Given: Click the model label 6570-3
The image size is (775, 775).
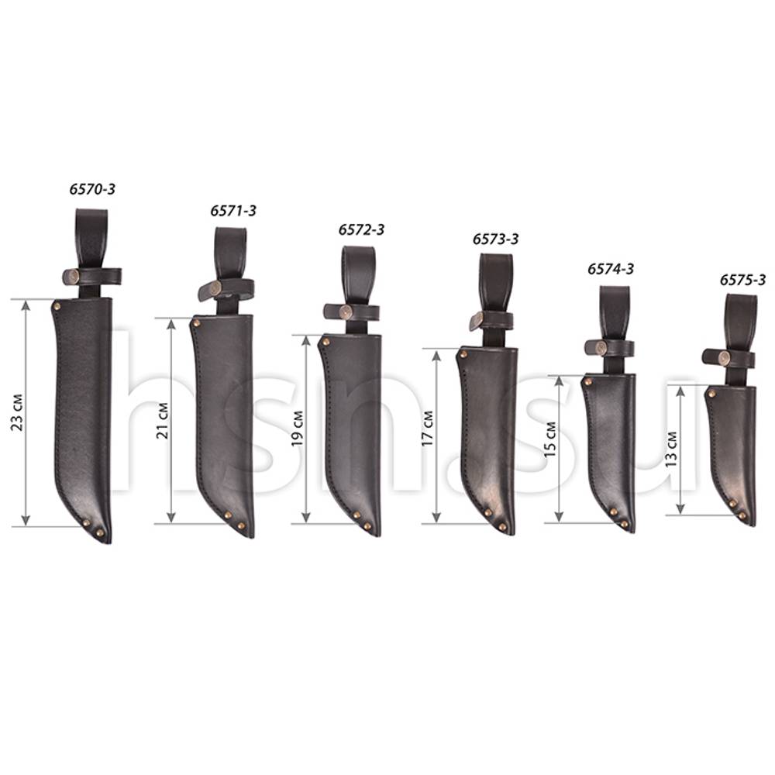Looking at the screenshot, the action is pyautogui.click(x=92, y=189).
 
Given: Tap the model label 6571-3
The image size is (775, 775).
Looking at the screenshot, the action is pyautogui.click(x=233, y=211).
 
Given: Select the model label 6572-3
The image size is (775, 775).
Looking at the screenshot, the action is pyautogui.click(x=361, y=229).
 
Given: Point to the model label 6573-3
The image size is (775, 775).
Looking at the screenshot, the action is pyautogui.click(x=496, y=239).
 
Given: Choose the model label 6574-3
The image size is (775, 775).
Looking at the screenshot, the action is pyautogui.click(x=611, y=269).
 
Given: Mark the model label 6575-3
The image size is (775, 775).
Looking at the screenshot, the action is pyautogui.click(x=742, y=280).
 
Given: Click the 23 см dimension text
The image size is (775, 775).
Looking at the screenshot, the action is pyautogui.click(x=17, y=413).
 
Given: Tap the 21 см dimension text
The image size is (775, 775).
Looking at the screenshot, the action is pyautogui.click(x=162, y=421).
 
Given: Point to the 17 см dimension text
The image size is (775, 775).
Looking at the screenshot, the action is pyautogui.click(x=427, y=429).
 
